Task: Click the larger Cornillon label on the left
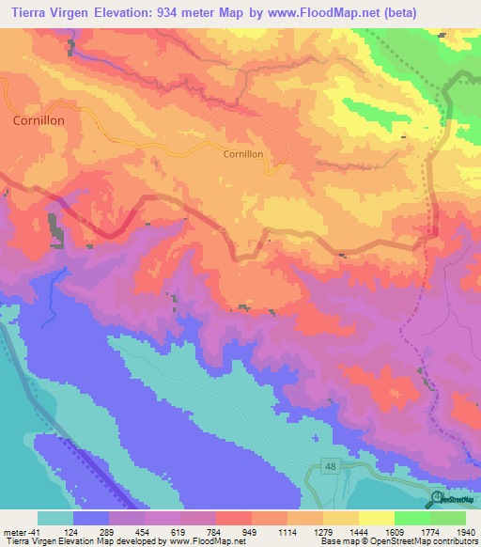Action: (39, 121)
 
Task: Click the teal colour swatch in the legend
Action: (55, 518)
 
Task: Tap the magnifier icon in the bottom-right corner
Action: (438, 498)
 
